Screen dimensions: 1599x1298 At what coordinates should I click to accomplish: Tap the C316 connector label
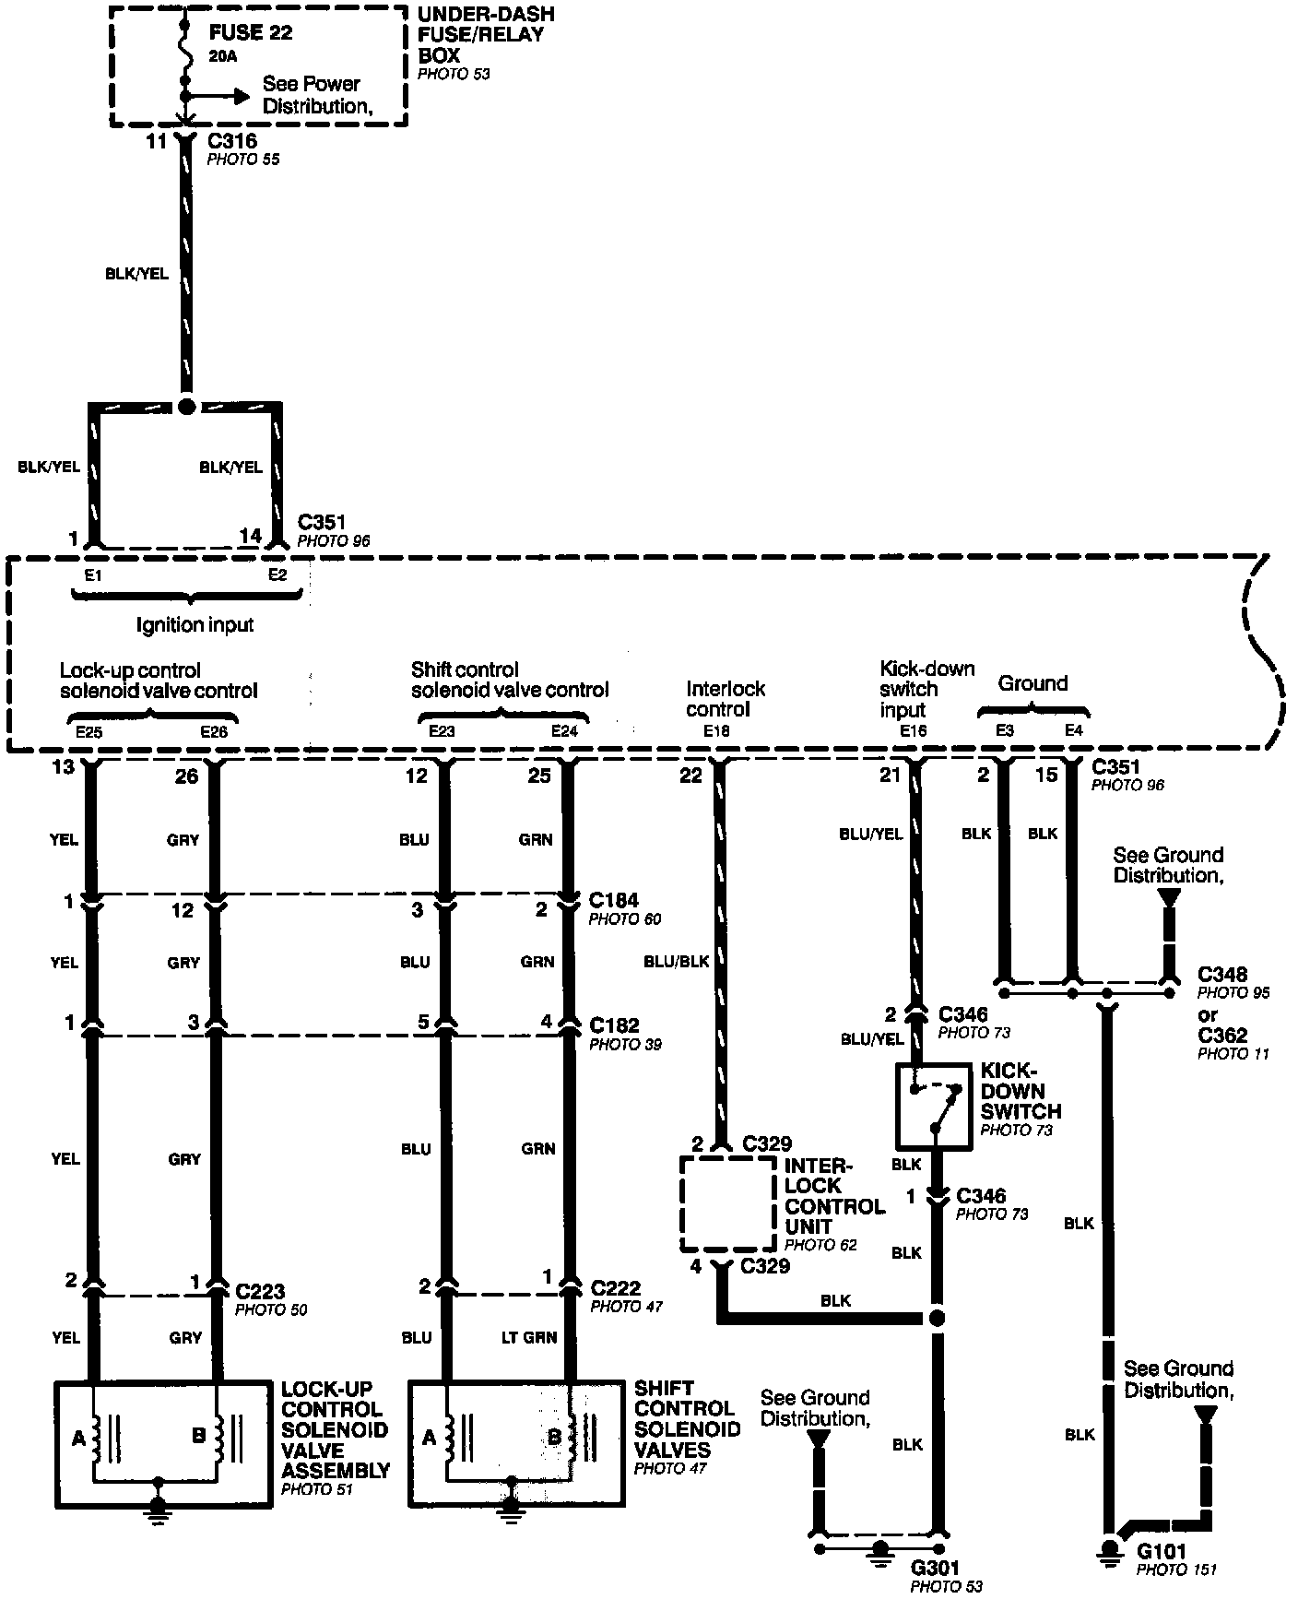pyautogui.click(x=231, y=141)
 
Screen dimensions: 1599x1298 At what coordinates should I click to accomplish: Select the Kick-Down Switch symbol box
pyautogui.click(x=934, y=1107)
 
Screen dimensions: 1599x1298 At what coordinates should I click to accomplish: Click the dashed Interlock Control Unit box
pyautogui.click(x=728, y=1203)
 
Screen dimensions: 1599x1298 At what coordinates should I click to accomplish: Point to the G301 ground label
pyautogui.click(x=936, y=1567)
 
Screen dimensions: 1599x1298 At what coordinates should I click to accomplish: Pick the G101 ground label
pyautogui.click(x=1161, y=1551)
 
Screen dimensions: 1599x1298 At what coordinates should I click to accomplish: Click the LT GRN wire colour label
pyautogui.click(x=528, y=1337)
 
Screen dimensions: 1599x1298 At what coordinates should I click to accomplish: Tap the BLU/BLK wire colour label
pyautogui.click(x=676, y=961)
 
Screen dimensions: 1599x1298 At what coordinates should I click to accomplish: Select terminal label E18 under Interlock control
pyautogui.click(x=716, y=731)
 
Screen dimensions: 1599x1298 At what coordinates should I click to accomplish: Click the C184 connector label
pyautogui.click(x=614, y=899)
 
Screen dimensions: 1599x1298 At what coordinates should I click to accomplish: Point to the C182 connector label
pyautogui.click(x=614, y=1025)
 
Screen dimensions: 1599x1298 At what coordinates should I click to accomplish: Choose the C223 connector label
pyautogui.click(x=260, y=1292)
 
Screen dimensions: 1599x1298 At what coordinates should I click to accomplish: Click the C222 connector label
pyautogui.click(x=616, y=1287)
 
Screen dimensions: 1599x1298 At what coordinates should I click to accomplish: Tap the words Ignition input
pyautogui.click(x=195, y=625)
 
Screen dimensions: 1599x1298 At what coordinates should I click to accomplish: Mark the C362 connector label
pyautogui.click(x=1222, y=1035)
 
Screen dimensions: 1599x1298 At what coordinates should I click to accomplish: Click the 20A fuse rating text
pyautogui.click(x=223, y=56)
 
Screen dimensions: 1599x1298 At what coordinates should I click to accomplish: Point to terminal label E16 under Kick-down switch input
pyautogui.click(x=913, y=731)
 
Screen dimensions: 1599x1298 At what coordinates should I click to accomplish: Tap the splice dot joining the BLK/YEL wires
pyautogui.click(x=186, y=406)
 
